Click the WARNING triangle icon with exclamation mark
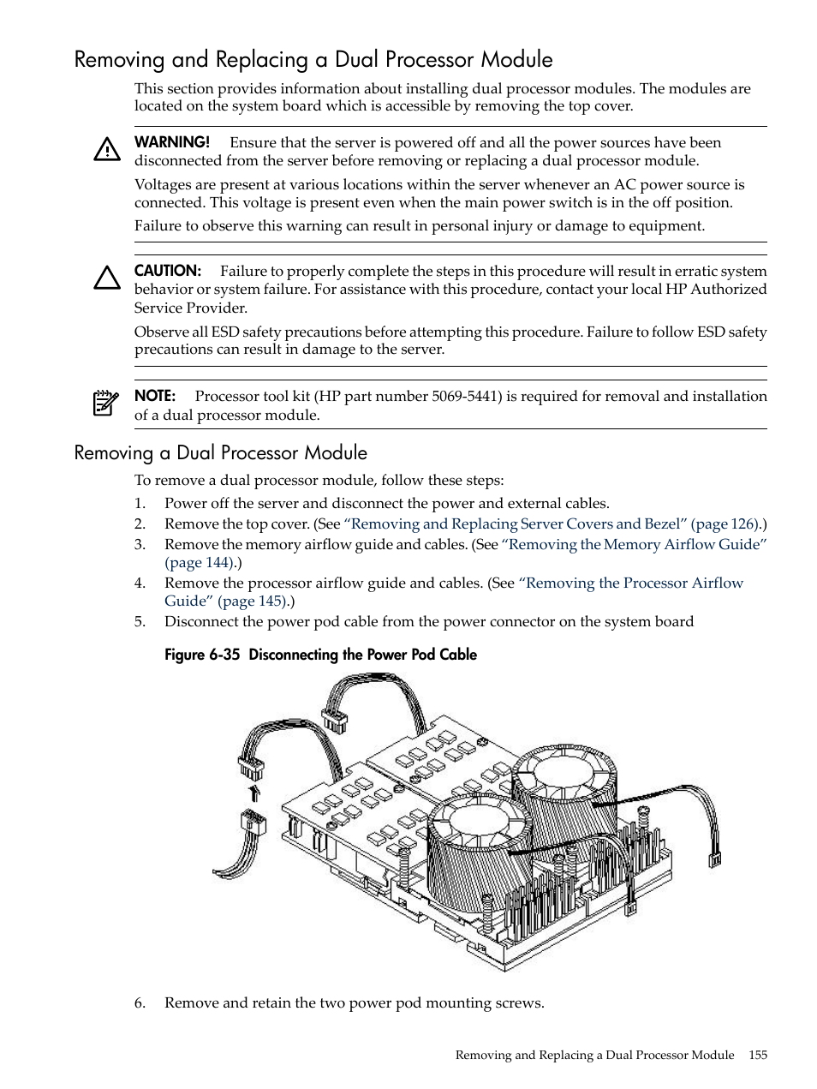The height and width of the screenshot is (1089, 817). pyautogui.click(x=107, y=149)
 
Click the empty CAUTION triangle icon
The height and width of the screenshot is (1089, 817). pyautogui.click(x=107, y=278)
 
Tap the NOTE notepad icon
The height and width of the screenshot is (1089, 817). pyautogui.click(x=106, y=403)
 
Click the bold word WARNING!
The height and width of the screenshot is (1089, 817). pyautogui.click(x=172, y=142)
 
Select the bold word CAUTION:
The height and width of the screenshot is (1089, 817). pyautogui.click(x=168, y=271)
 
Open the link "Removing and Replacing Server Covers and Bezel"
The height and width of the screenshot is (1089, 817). pyautogui.click(x=516, y=524)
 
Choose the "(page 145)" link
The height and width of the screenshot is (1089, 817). pyautogui.click(x=253, y=601)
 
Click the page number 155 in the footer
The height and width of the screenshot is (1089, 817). pyautogui.click(x=757, y=1055)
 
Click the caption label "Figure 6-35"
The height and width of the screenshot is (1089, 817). pyautogui.click(x=202, y=655)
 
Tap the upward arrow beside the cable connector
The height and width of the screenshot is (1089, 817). pyautogui.click(x=253, y=793)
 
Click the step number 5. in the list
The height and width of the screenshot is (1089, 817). pyautogui.click(x=140, y=621)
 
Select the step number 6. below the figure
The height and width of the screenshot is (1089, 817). pyautogui.click(x=140, y=1002)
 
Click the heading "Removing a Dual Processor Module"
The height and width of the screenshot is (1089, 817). pyautogui.click(x=220, y=452)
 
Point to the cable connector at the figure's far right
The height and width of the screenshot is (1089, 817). pyautogui.click(x=714, y=858)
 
